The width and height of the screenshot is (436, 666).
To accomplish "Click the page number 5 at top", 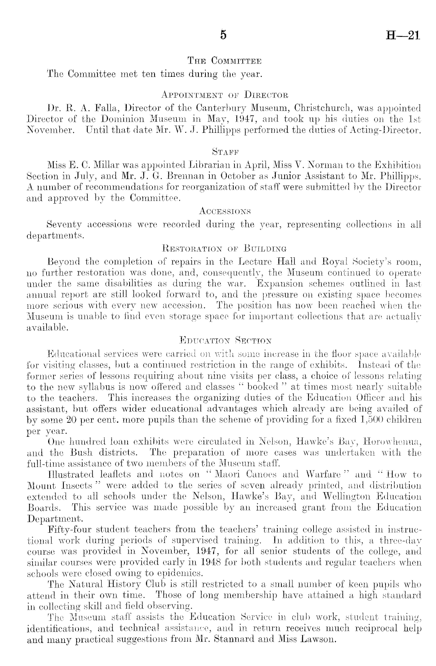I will pos(223,35).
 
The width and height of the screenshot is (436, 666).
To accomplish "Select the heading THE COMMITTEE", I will pos(224,61).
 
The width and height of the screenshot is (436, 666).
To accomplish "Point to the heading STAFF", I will pos(225,150).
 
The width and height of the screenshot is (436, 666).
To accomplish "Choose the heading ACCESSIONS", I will pos(225,212).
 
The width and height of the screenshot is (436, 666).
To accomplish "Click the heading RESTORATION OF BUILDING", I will pos(224,248).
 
